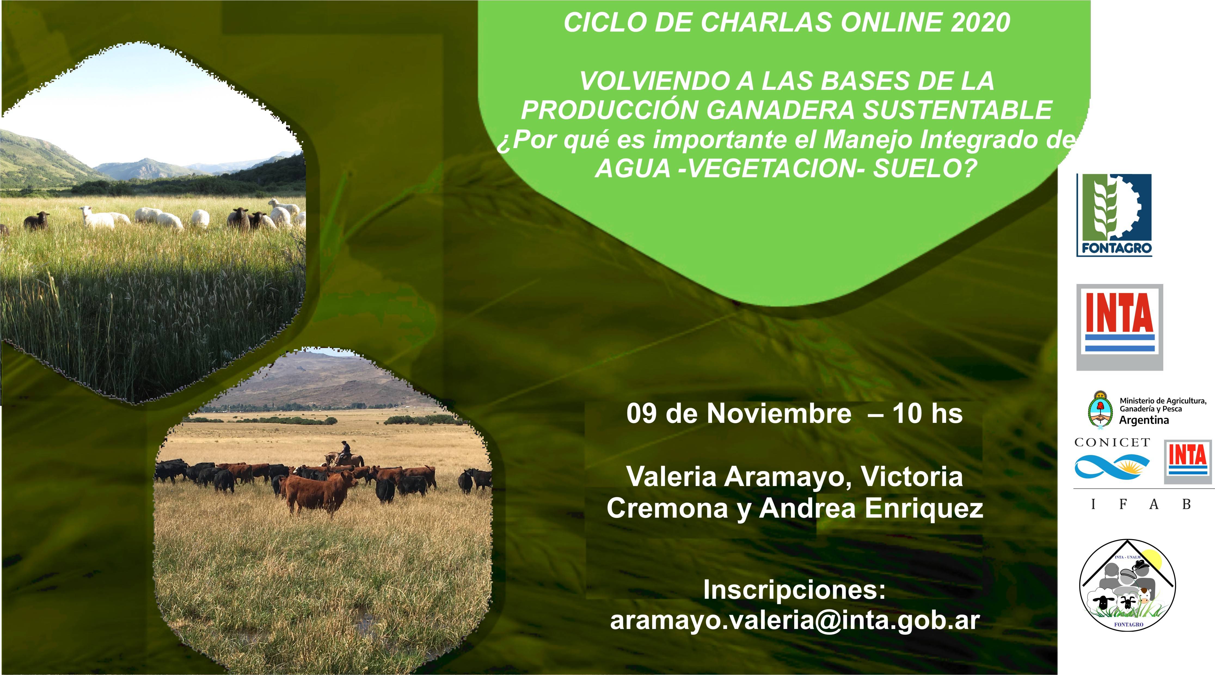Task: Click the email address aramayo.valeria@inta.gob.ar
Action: click(x=795, y=621)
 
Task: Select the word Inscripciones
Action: click(x=794, y=589)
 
